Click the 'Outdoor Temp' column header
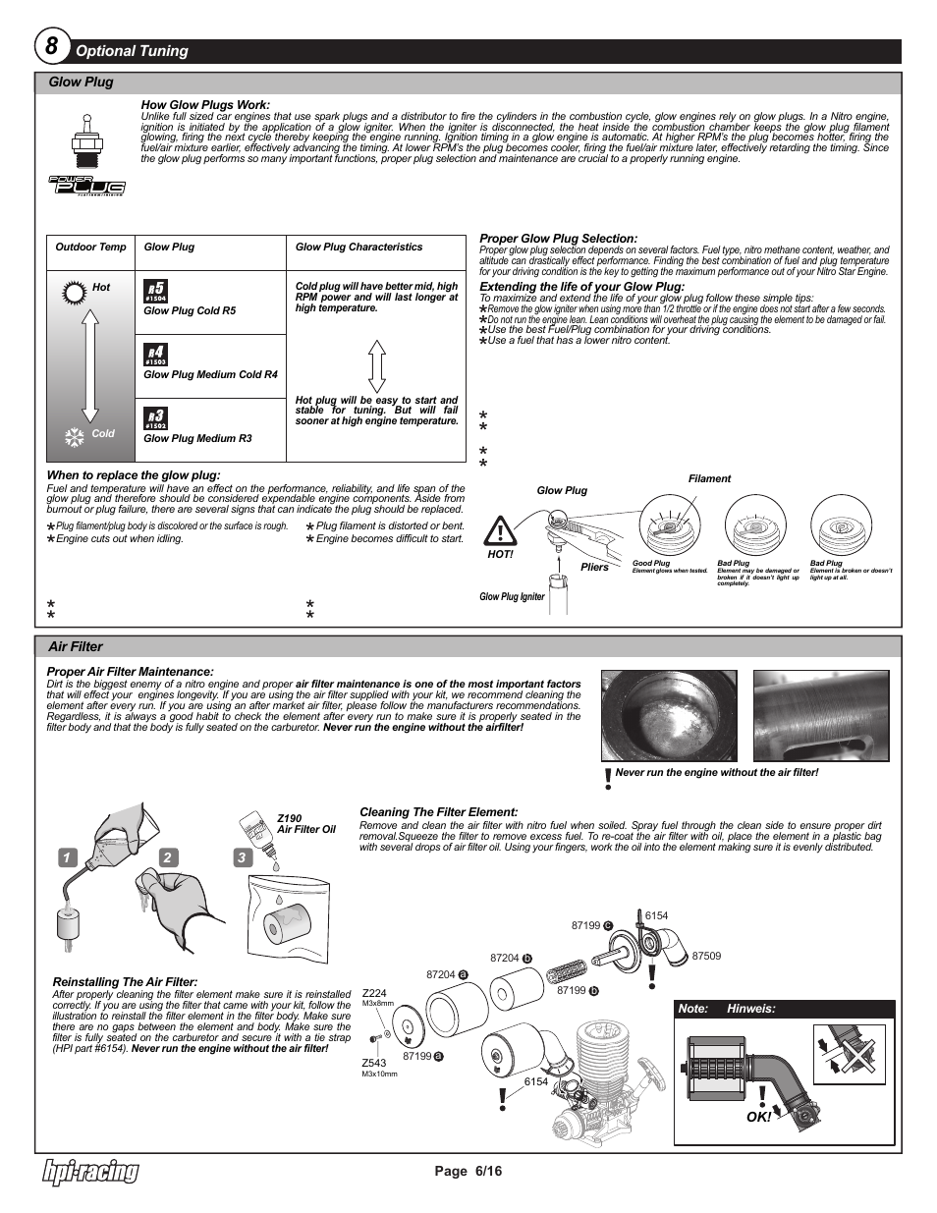(91, 248)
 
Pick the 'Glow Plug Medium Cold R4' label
(210, 374)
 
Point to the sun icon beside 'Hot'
(72, 291)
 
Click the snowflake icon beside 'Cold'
(74, 436)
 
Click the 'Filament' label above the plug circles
(709, 479)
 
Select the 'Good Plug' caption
(650, 564)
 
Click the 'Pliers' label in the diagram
(594, 568)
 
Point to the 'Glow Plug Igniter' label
(512, 597)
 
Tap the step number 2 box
(167, 857)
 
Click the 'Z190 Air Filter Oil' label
(305, 823)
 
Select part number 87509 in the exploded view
(706, 956)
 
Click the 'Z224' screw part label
(374, 993)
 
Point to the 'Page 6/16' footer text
(468, 1171)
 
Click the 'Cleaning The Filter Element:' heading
(438, 812)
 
